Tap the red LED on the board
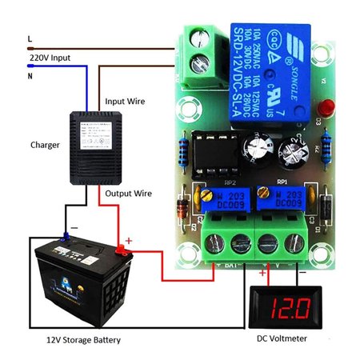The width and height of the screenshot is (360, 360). tap(326, 107)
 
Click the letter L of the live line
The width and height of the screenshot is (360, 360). tap(30, 38)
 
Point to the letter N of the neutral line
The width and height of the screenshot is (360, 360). tap(30, 77)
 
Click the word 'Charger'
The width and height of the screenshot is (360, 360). tap(46, 144)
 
